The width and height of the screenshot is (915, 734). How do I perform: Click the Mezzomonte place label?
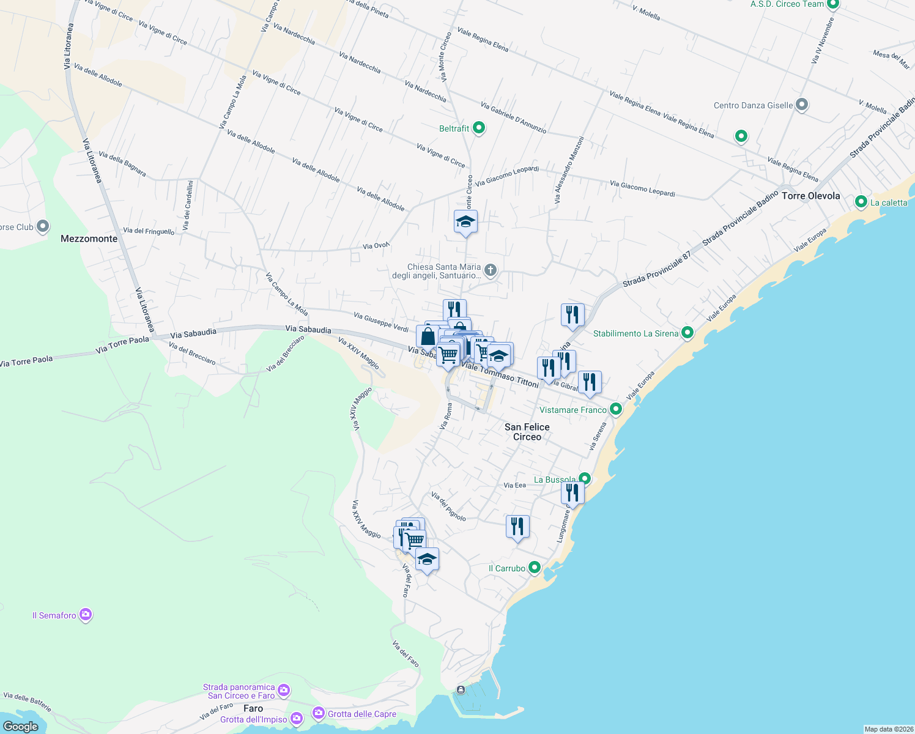(89, 239)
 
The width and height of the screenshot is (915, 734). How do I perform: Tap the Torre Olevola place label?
(810, 196)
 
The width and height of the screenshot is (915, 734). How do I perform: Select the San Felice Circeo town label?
(527, 432)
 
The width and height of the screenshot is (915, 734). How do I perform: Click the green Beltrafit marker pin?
(480, 128)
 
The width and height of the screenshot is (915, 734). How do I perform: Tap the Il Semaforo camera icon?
(86, 614)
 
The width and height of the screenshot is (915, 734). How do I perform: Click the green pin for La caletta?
(861, 201)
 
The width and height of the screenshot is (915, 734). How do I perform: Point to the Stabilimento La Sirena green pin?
(687, 333)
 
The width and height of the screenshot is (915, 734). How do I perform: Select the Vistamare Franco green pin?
(616, 409)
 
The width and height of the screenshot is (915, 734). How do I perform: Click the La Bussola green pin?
(585, 478)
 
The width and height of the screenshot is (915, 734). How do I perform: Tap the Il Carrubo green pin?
(535, 568)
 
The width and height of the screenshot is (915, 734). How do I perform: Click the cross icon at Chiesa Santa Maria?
(491, 270)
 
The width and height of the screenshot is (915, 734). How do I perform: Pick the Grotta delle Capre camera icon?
(319, 713)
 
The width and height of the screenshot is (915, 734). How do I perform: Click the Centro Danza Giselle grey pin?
(802, 105)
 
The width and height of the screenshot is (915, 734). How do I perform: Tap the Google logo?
(21, 726)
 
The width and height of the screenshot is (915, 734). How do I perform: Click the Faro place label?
(253, 708)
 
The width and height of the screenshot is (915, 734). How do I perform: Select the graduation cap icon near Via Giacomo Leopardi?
(465, 221)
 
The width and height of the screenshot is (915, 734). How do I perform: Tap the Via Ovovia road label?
(376, 246)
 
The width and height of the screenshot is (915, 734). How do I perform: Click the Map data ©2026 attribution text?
(888, 729)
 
